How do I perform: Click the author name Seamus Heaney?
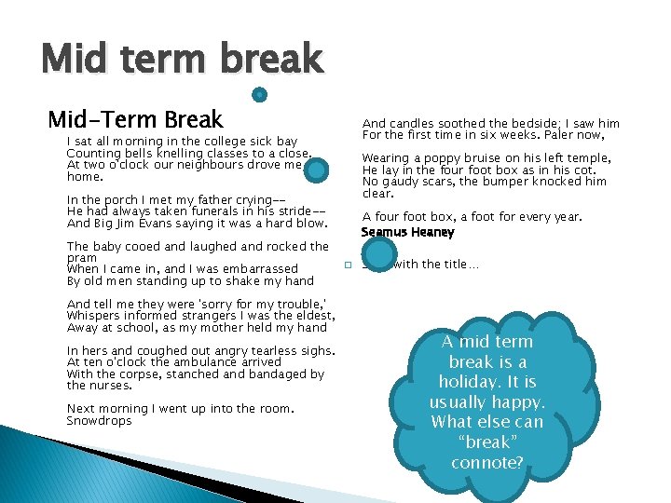[407, 232]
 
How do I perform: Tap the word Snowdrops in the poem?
[99, 421]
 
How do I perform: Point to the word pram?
[81, 258]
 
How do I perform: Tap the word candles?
[416, 123]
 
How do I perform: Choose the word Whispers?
[96, 316]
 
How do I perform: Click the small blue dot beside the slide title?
[261, 95]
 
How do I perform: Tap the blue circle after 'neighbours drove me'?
[317, 169]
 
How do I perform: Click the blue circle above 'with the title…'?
[378, 254]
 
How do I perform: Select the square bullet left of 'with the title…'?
[347, 266]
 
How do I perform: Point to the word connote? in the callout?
[486, 463]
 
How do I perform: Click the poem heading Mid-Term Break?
[136, 119]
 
